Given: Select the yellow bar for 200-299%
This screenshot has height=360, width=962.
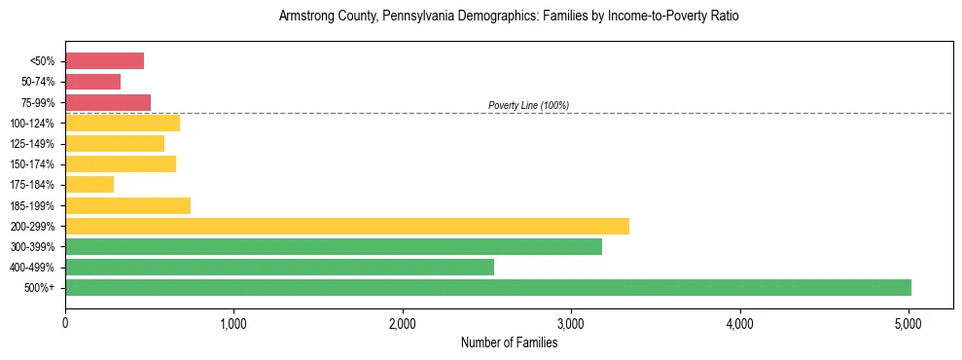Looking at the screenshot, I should [x=347, y=226].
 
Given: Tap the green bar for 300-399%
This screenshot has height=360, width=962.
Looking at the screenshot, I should [x=334, y=246].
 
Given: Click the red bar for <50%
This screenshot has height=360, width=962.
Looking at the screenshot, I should [x=104, y=61].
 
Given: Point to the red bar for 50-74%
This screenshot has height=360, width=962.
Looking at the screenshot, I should [x=92, y=82].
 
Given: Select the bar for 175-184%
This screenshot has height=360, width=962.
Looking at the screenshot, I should [x=89, y=184].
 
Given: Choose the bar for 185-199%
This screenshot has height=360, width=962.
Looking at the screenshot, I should [x=127, y=205].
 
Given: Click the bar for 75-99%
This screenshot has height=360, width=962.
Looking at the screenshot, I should [x=108, y=102].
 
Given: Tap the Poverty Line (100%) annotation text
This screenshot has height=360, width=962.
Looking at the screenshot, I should [x=528, y=105].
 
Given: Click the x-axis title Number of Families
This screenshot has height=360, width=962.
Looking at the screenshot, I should [x=509, y=342].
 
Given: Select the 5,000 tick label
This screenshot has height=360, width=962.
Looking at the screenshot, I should [x=909, y=323].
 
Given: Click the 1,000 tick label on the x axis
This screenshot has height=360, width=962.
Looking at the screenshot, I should [x=233, y=323].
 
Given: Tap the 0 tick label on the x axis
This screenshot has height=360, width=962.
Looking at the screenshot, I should [x=65, y=323].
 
